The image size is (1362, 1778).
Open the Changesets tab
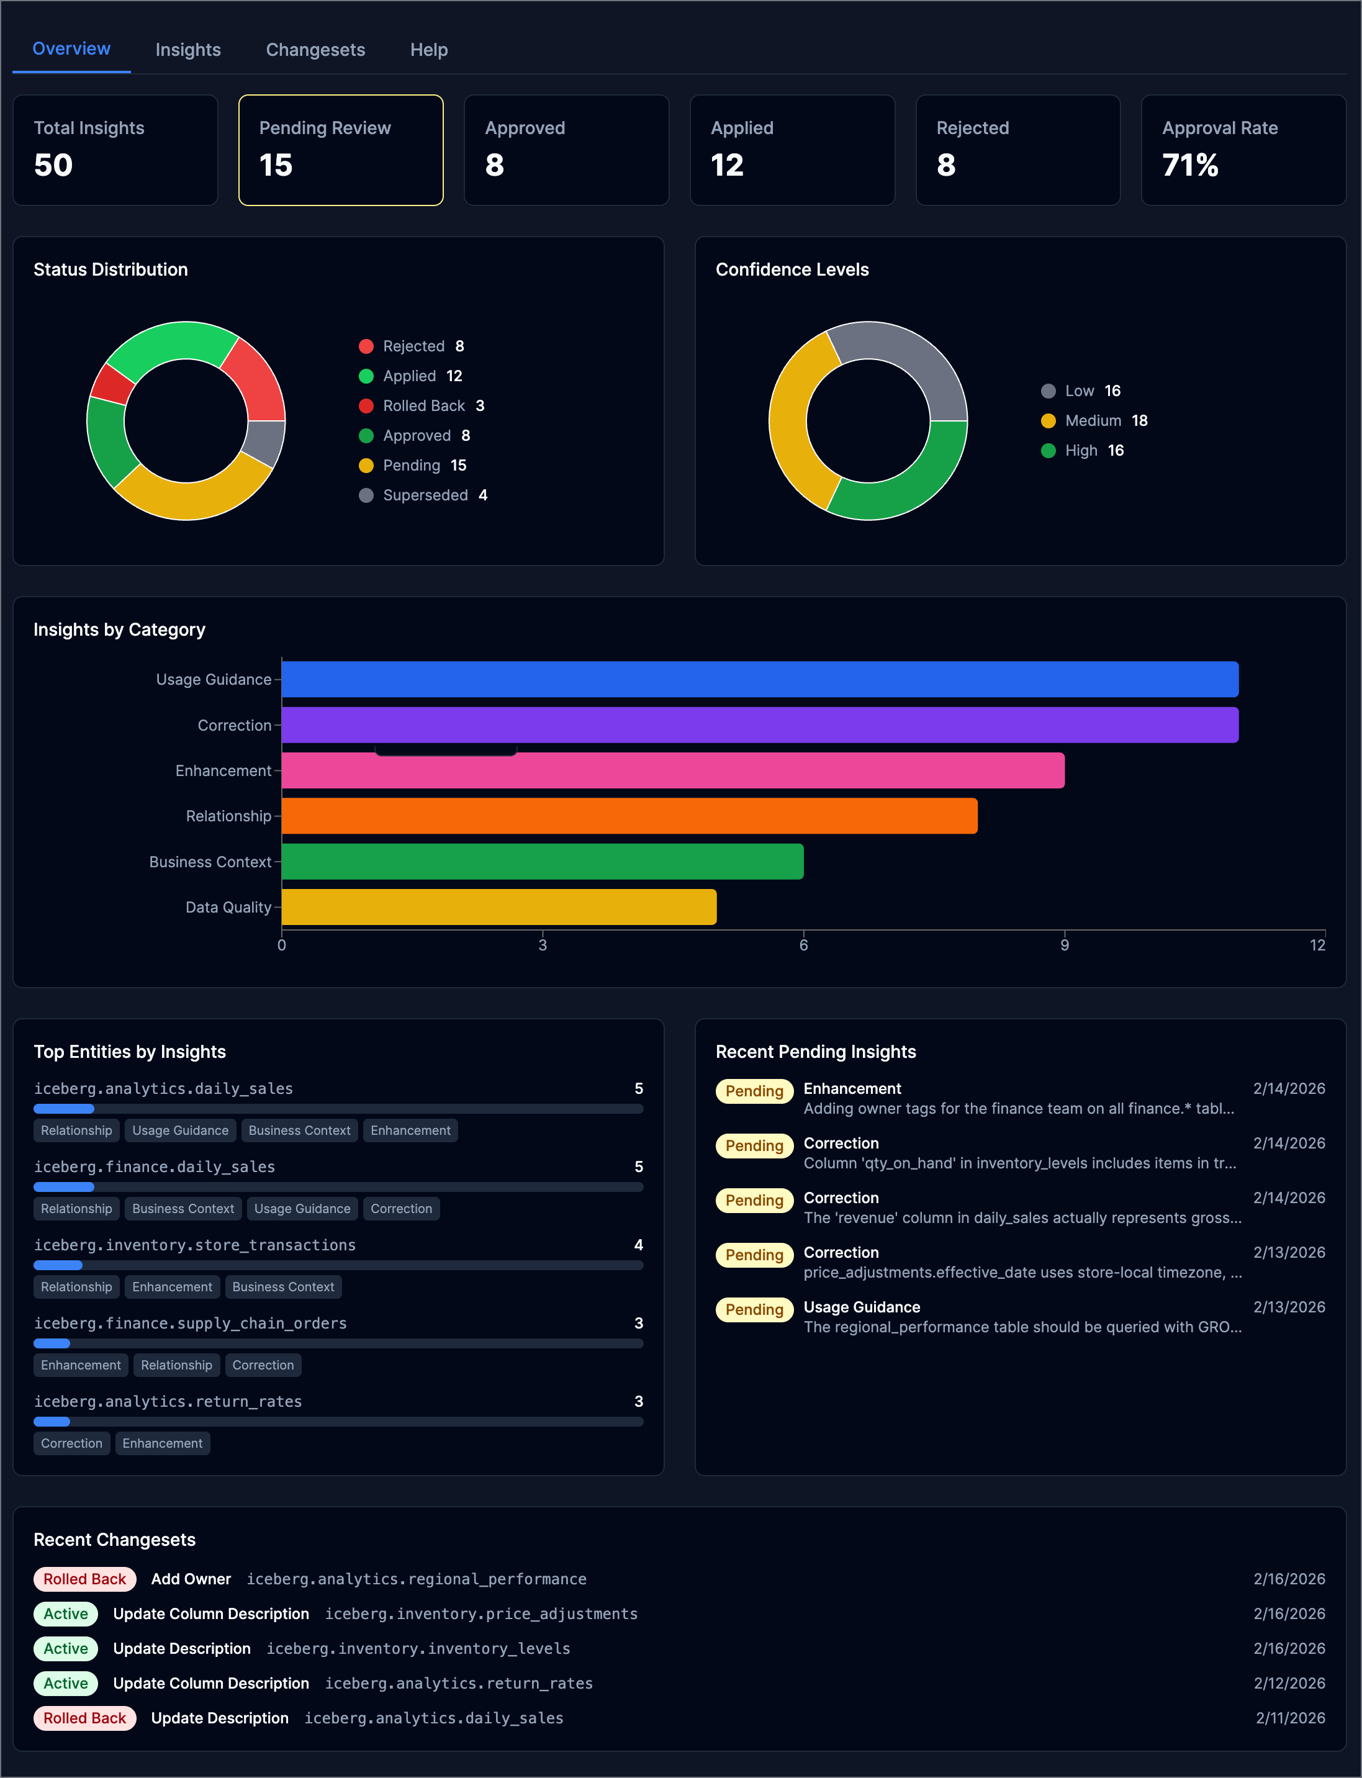(x=315, y=50)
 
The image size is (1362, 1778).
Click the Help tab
(x=428, y=50)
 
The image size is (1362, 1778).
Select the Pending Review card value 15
(x=276, y=165)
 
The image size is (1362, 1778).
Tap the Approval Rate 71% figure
(x=1189, y=165)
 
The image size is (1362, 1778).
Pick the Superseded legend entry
(x=424, y=495)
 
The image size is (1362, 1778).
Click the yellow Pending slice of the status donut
(x=191, y=498)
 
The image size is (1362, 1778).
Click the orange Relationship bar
(x=628, y=816)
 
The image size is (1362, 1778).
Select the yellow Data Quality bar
(x=498, y=906)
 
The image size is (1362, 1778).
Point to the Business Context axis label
(x=210, y=862)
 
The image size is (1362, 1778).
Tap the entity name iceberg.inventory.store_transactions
(x=194, y=1245)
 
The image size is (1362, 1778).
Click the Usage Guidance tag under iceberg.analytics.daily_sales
(x=180, y=1130)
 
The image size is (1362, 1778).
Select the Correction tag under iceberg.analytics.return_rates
(x=71, y=1443)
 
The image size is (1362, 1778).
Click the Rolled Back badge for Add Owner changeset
(x=84, y=1579)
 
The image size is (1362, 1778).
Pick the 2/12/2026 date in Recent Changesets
(x=1288, y=1683)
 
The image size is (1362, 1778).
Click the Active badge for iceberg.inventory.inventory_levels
(x=66, y=1648)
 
